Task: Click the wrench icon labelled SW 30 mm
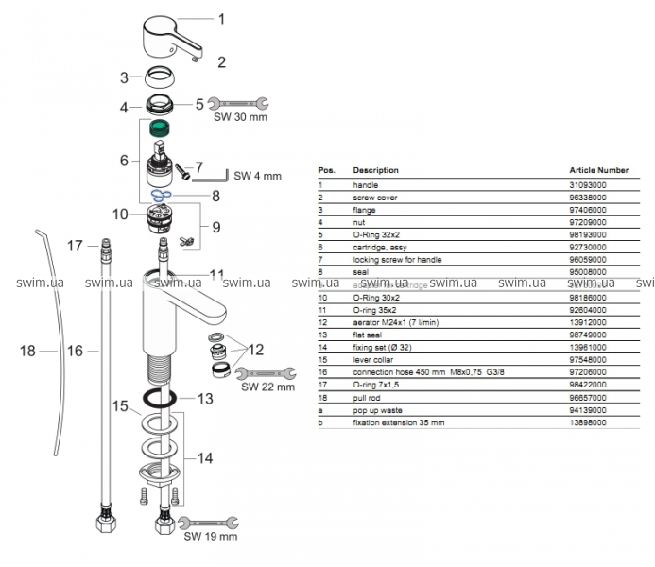237,105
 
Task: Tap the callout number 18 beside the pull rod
27,351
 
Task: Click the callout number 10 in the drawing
120,215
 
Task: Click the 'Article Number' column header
599,170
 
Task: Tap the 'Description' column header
375,170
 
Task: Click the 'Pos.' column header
326,170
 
